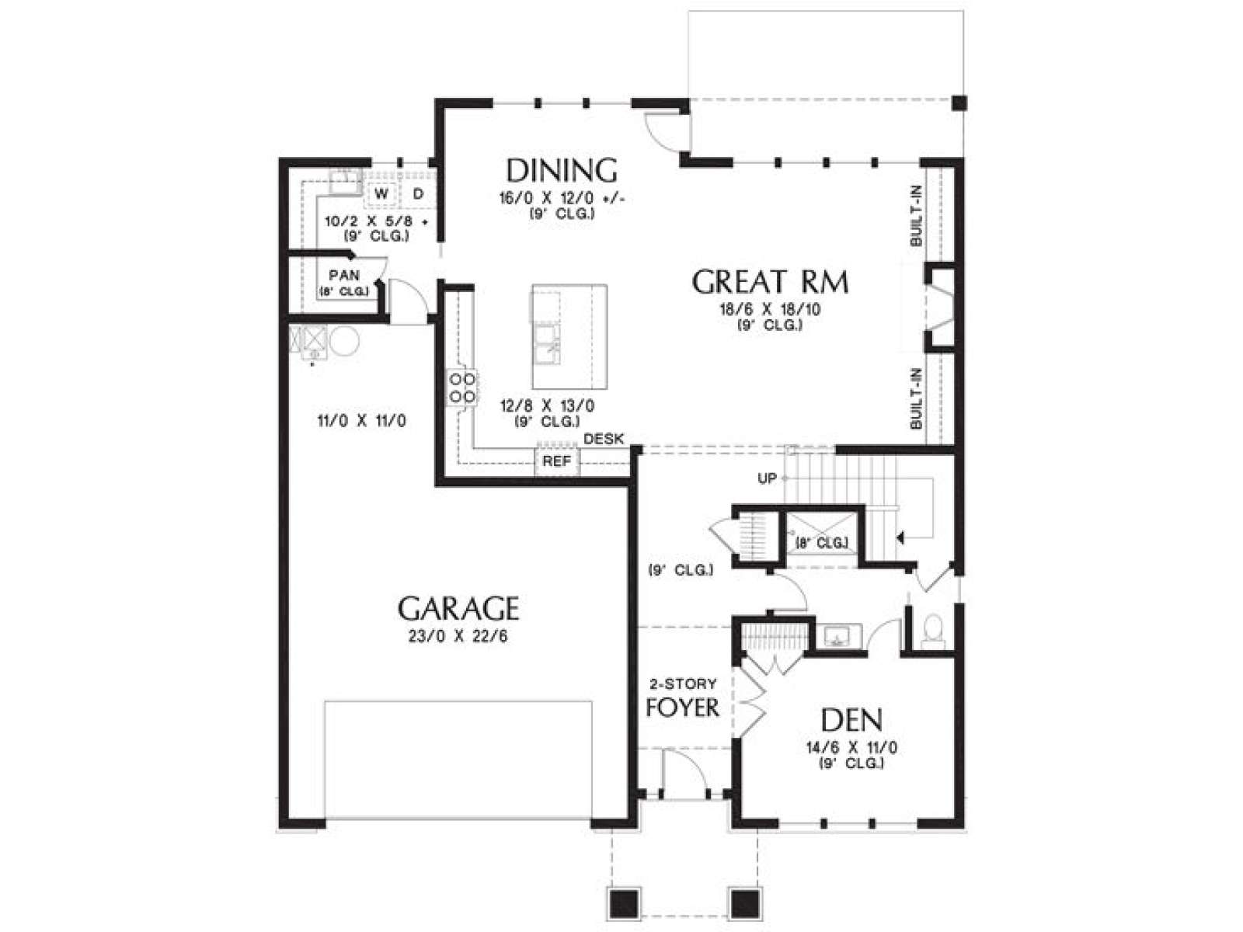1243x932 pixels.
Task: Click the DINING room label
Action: coord(561,170)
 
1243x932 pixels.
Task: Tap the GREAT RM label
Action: coord(770,282)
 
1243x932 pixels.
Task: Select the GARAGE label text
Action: coord(458,609)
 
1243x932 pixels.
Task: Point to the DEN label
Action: coord(851,720)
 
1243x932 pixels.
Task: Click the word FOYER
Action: coord(682,708)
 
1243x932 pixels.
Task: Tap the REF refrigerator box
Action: coord(557,462)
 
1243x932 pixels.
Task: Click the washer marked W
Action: coord(381,194)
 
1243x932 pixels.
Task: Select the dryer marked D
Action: coord(418,194)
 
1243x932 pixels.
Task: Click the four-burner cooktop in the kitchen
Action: coord(461,387)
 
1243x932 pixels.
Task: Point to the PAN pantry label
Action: coord(344,276)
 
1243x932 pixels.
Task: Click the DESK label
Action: coord(604,439)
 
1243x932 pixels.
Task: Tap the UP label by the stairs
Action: coord(767,478)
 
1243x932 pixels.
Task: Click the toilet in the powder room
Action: coord(932,631)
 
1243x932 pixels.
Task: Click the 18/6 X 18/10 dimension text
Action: coord(770,310)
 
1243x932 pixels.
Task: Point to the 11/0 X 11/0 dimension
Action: coord(361,421)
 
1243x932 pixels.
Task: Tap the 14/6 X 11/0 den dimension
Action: coord(851,748)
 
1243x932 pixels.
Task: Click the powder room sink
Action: coord(839,636)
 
